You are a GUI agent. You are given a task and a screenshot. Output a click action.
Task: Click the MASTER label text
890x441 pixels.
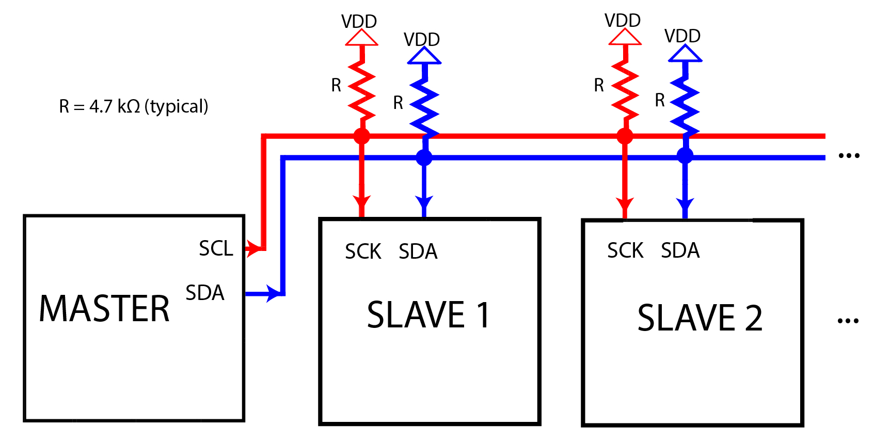pyautogui.click(x=104, y=309)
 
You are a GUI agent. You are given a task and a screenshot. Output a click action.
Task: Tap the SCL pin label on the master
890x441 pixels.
pyautogui.click(x=216, y=248)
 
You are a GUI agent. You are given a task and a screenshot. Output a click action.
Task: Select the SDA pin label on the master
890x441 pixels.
pyautogui.click(x=205, y=293)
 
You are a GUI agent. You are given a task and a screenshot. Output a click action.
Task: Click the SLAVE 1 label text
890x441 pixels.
pyautogui.click(x=428, y=314)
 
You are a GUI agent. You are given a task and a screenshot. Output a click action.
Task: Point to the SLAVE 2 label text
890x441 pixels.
pyautogui.click(x=700, y=318)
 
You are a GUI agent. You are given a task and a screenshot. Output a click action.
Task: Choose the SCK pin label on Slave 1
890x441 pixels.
pyautogui.click(x=363, y=251)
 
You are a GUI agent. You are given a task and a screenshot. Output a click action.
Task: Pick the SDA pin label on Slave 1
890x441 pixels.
pyautogui.click(x=418, y=251)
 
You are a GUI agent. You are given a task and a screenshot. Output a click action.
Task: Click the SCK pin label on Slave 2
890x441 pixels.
pyautogui.click(x=625, y=250)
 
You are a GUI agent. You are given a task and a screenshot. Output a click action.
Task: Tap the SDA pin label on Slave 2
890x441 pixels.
pyautogui.click(x=680, y=250)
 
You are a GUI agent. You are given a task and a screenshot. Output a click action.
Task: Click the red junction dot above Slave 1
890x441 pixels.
pyautogui.click(x=361, y=136)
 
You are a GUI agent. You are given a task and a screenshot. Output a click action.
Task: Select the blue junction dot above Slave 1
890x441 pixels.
pyautogui.click(x=424, y=157)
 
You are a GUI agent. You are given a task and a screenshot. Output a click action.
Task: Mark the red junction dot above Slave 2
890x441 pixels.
pyautogui.click(x=625, y=136)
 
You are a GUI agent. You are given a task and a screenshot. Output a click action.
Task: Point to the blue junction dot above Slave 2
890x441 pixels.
pyautogui.click(x=685, y=155)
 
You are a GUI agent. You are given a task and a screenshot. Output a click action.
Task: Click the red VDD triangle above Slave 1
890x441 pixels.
pyautogui.click(x=361, y=38)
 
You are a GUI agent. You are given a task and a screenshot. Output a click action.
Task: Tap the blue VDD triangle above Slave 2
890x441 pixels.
pyautogui.click(x=685, y=54)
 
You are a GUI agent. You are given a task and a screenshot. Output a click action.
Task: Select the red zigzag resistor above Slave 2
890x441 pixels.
pyautogui.click(x=625, y=90)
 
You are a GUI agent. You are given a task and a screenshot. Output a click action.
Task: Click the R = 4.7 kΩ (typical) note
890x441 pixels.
pyautogui.click(x=134, y=106)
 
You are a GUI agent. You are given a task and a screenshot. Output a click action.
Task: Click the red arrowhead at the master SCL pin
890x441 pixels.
pyautogui.click(x=252, y=248)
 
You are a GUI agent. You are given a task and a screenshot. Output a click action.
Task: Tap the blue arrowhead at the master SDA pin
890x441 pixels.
pyautogui.click(x=273, y=293)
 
